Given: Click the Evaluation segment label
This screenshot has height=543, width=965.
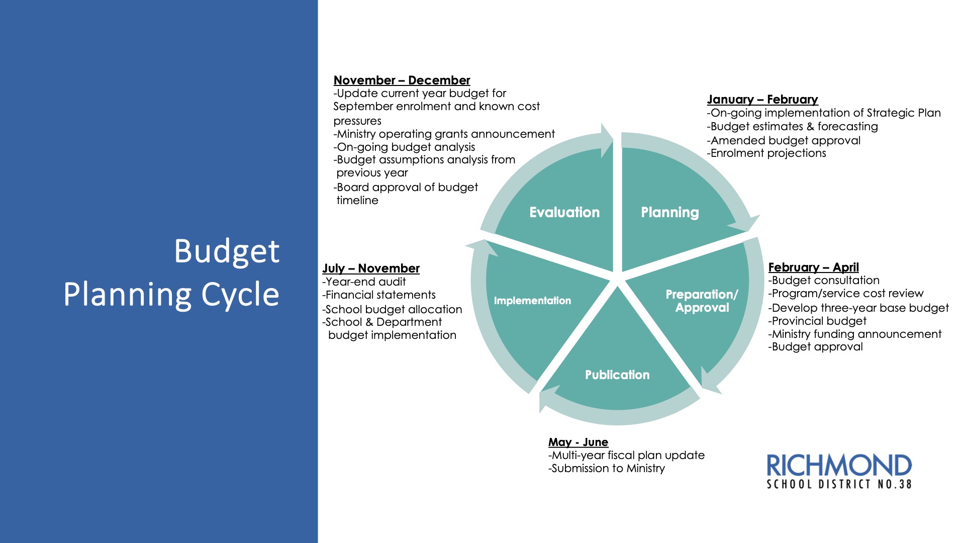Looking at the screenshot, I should (x=564, y=212).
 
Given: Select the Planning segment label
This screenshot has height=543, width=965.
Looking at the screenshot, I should (x=669, y=212).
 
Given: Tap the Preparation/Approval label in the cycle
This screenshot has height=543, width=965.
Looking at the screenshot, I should (x=702, y=301).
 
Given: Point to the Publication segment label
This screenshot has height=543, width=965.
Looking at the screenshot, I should (x=617, y=375).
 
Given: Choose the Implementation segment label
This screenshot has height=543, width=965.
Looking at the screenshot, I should (x=532, y=301).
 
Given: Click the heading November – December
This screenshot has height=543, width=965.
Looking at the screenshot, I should (x=402, y=80).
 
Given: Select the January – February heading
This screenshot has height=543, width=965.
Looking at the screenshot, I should (x=762, y=100).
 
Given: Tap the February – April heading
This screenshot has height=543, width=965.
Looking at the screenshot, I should (x=813, y=267).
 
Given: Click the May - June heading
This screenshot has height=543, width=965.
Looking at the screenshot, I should (x=578, y=442).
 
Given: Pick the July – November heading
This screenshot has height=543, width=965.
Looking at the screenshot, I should (x=371, y=268).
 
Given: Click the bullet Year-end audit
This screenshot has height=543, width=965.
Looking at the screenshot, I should (x=364, y=282).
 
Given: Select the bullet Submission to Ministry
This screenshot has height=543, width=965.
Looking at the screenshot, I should (x=607, y=469).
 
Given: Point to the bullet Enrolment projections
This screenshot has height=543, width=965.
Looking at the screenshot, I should (x=766, y=153).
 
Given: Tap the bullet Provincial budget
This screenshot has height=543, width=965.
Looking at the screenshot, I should (x=817, y=321).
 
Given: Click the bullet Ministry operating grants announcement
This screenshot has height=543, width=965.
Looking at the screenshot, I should (x=444, y=134).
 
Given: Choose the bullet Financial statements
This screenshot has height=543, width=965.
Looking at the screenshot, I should (x=379, y=295).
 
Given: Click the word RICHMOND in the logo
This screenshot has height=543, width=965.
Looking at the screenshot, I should (x=839, y=466).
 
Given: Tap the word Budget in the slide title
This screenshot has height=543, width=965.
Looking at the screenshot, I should (x=227, y=251).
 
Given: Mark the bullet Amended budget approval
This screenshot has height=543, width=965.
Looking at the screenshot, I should (x=784, y=141).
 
